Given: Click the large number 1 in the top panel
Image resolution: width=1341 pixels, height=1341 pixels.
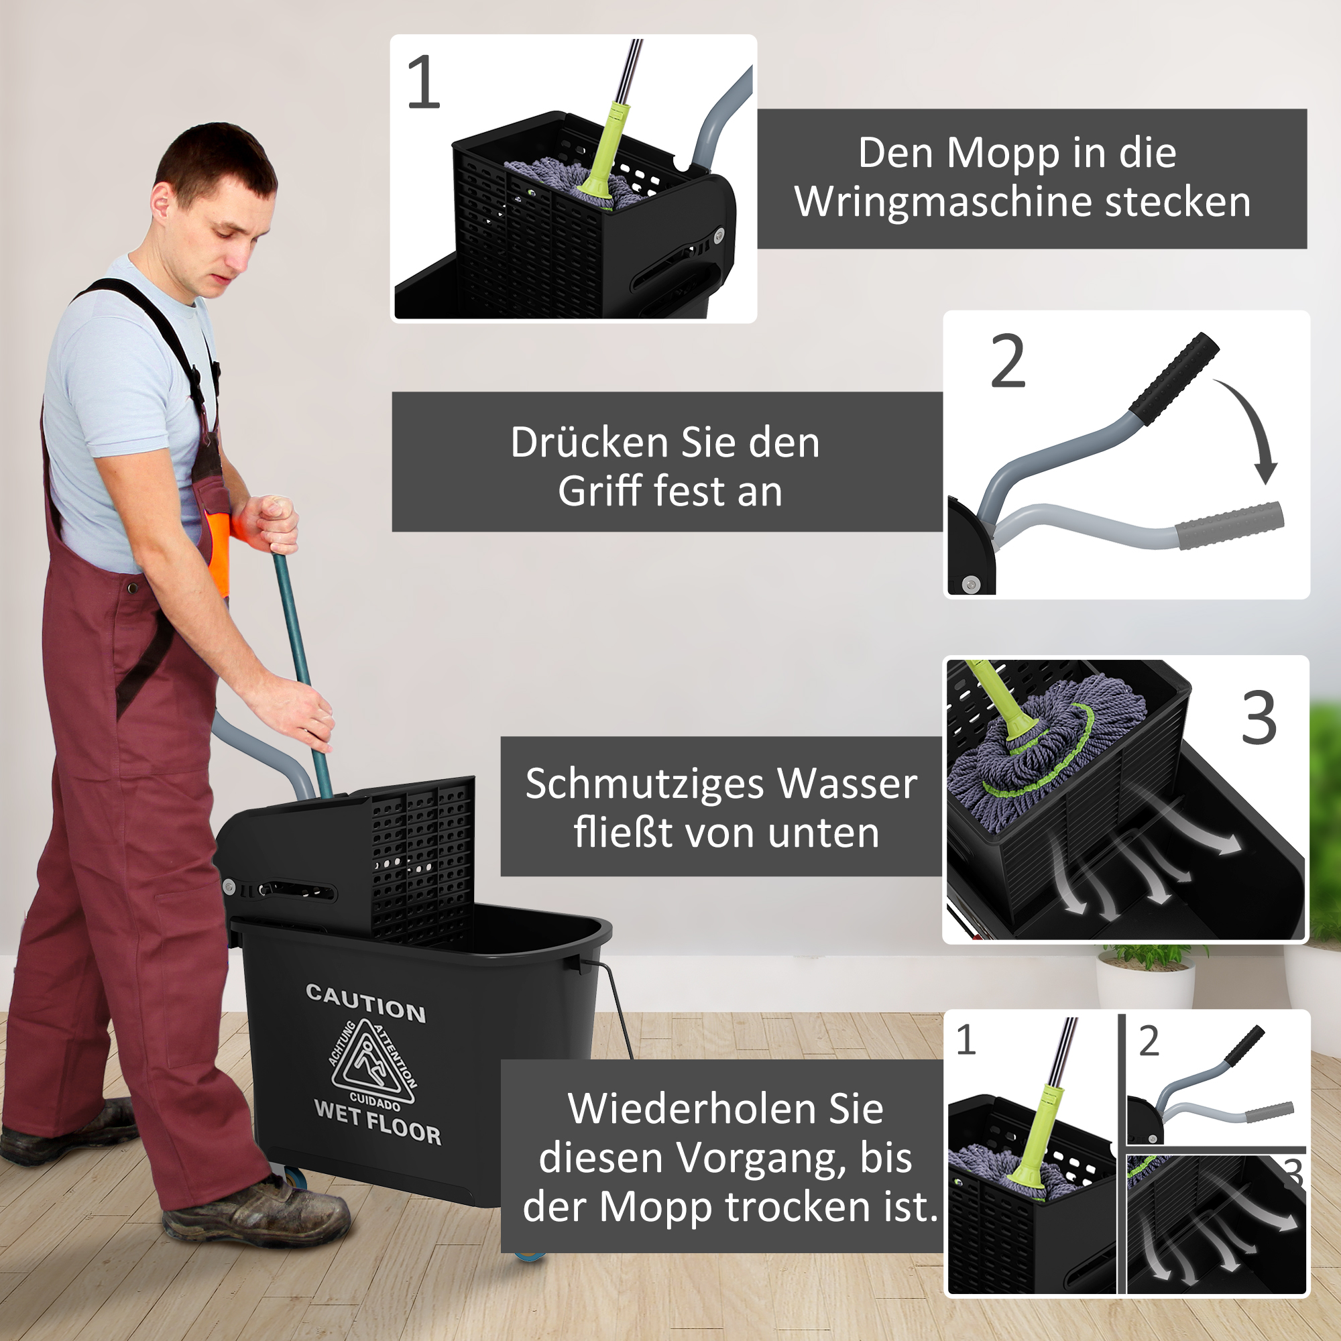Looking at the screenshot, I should (423, 82).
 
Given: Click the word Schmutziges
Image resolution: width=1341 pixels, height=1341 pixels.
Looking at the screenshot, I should (645, 784).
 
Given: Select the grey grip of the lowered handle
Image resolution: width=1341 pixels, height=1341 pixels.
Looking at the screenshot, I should (1228, 525).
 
